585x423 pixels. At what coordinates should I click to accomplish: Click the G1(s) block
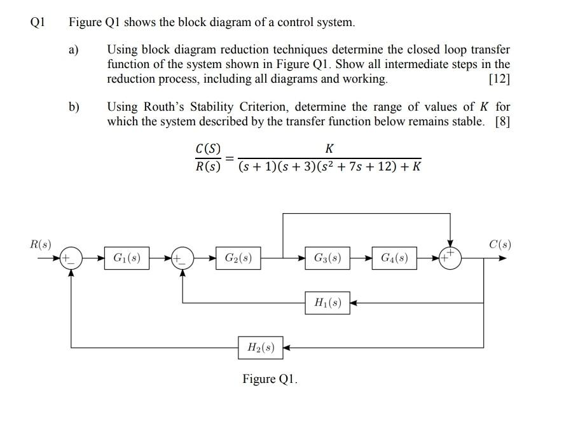[x=127, y=258]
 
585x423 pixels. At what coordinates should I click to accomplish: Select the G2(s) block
[x=238, y=258]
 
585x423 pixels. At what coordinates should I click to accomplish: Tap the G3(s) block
[x=327, y=258]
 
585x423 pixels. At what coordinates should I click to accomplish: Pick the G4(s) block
[x=394, y=258]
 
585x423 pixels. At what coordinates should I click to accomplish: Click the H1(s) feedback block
[x=327, y=303]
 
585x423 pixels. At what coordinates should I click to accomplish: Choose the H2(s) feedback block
[x=261, y=347]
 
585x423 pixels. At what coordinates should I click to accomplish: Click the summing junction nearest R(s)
[x=71, y=258]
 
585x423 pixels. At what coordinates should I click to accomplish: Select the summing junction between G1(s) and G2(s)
[x=182, y=258]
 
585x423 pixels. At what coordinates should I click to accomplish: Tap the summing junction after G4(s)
[x=450, y=258]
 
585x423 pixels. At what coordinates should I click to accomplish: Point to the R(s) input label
[x=41, y=244]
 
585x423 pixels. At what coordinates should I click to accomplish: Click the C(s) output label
[x=500, y=244]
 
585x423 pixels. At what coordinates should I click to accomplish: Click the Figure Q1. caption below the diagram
[x=270, y=379]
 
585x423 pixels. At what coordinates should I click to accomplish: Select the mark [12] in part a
[x=499, y=80]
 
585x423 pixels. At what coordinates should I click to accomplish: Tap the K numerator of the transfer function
[x=329, y=149]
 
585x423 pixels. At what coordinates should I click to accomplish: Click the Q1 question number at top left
[x=38, y=23]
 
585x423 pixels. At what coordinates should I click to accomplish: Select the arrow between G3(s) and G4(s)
[x=361, y=258]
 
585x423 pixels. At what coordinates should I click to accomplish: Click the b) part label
[x=74, y=107]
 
